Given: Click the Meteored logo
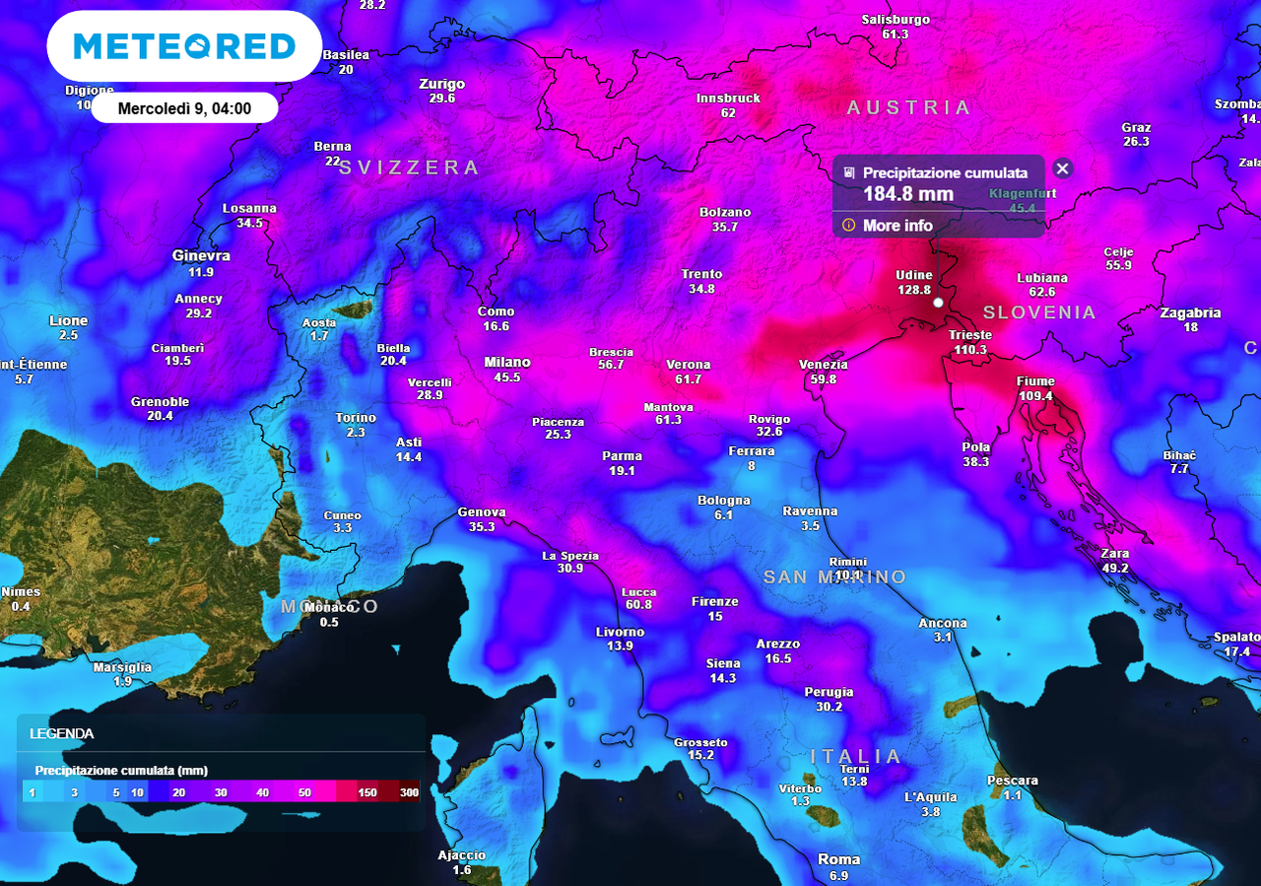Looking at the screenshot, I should pyautogui.click(x=184, y=46).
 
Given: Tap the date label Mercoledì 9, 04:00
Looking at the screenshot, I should pyautogui.click(x=184, y=108).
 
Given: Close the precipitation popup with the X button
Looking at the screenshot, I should pyautogui.click(x=1062, y=169).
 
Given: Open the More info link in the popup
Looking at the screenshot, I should pyautogui.click(x=897, y=226).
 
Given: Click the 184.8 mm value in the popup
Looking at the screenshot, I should pyautogui.click(x=908, y=194).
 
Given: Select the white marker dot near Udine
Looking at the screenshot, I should pyautogui.click(x=939, y=302).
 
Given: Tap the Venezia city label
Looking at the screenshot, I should pyautogui.click(x=823, y=365).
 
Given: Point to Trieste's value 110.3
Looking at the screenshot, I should pyautogui.click(x=969, y=350).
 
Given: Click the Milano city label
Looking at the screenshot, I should pyautogui.click(x=507, y=363).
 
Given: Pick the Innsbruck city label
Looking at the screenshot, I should pyautogui.click(x=728, y=99).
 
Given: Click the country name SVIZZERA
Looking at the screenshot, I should pyautogui.click(x=409, y=168).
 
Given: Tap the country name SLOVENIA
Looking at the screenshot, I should pyautogui.click(x=1039, y=312).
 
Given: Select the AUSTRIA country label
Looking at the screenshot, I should pyautogui.click(x=908, y=107).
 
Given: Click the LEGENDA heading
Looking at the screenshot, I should pyautogui.click(x=62, y=733).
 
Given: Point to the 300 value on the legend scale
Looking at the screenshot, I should pyautogui.click(x=408, y=792).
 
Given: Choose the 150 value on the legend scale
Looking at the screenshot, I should pyautogui.click(x=367, y=792).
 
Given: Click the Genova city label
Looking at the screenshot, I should pyautogui.click(x=482, y=512).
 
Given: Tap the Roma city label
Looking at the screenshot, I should pyautogui.click(x=838, y=859).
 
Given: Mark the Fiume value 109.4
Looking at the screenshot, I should pyautogui.click(x=1035, y=396).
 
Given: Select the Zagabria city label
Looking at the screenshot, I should pyautogui.click(x=1190, y=313).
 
